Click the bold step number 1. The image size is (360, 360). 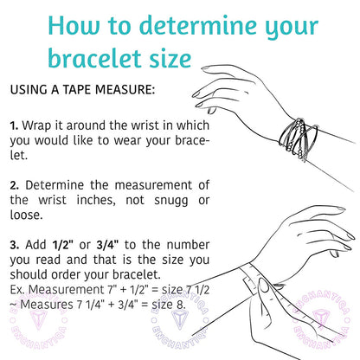[x=14, y=125]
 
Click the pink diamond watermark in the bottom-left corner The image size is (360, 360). [x=28, y=330]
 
